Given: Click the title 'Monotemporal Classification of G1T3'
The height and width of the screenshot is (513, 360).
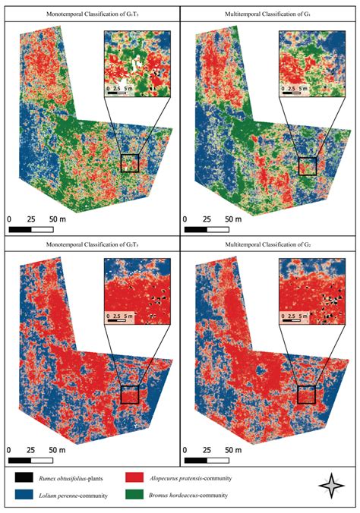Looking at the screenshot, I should pos(90,14).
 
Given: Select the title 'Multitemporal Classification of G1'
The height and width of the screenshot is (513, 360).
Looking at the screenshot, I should pos(270,14).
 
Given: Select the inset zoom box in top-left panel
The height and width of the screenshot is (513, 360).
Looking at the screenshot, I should pos(136,65).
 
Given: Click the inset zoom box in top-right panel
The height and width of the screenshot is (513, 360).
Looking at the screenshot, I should pos(311,65).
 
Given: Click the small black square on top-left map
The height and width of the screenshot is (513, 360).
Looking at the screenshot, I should pos(130,163).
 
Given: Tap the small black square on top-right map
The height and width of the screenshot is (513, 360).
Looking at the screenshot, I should pos(307,166).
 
